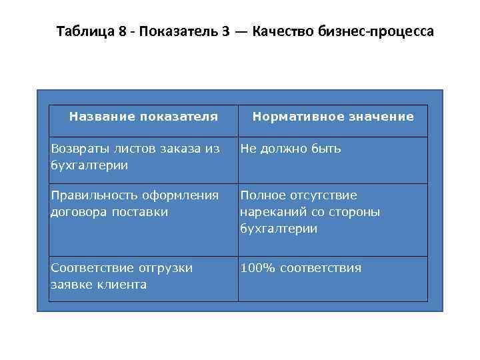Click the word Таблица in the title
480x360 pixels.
click(84, 31)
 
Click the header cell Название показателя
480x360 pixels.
click(143, 117)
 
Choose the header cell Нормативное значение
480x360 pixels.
click(333, 117)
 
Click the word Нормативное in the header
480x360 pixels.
click(294, 117)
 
